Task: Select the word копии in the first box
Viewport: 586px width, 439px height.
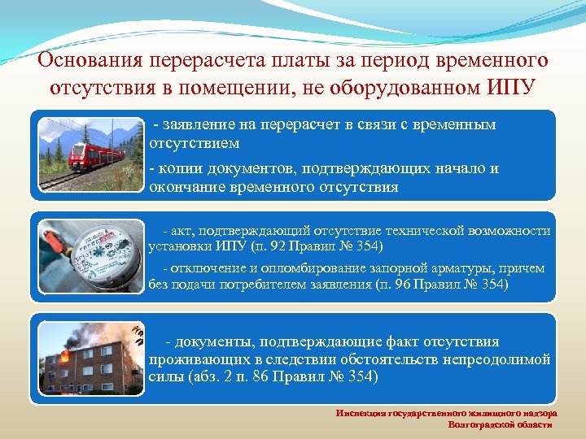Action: tap(181, 168)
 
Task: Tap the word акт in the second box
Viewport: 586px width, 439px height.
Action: tap(183, 231)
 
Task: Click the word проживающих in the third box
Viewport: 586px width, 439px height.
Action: tap(193, 359)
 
